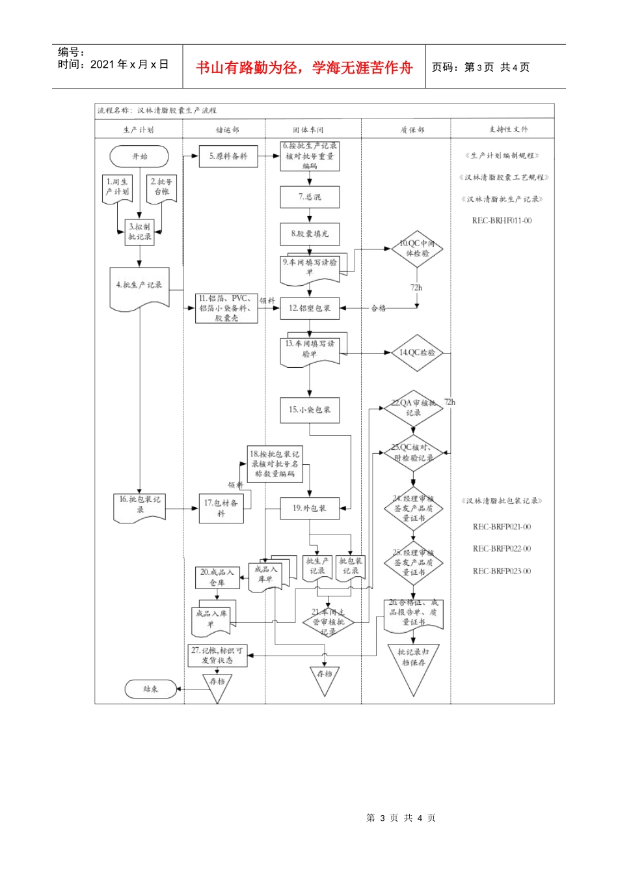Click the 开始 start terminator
click(x=139, y=156)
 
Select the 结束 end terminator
click(x=150, y=689)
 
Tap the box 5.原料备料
click(x=228, y=156)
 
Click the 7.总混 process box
click(x=310, y=197)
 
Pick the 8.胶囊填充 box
click(x=310, y=234)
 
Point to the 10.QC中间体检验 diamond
click(x=417, y=249)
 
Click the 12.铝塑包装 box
click(x=310, y=308)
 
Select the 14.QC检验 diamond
click(x=417, y=353)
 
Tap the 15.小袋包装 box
click(x=310, y=410)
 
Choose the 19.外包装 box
click(x=310, y=508)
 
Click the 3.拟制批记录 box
click(x=140, y=232)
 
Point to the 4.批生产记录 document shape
click(x=139, y=286)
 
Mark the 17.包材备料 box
click(x=221, y=508)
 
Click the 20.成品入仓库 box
click(x=217, y=577)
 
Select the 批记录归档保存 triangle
click(x=413, y=664)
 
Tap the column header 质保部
click(x=412, y=130)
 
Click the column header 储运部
click(x=228, y=130)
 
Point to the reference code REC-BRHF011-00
click(x=502, y=221)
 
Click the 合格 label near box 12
click(x=379, y=308)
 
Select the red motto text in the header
click(x=304, y=68)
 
